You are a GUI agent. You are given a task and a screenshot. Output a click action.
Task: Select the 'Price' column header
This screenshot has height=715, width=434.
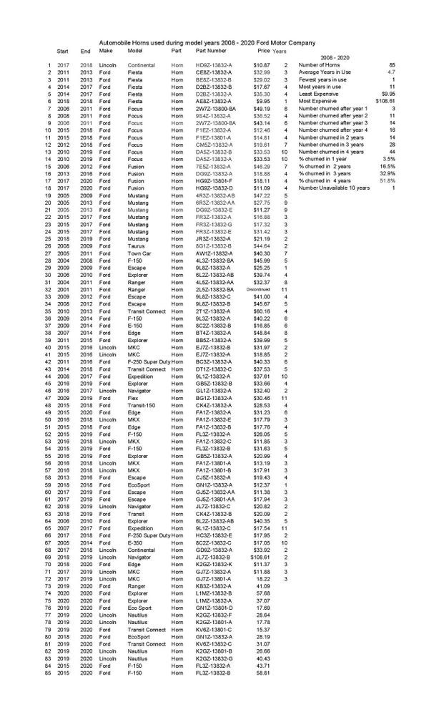tap(264, 52)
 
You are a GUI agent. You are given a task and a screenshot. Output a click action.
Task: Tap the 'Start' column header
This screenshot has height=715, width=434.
tap(63, 52)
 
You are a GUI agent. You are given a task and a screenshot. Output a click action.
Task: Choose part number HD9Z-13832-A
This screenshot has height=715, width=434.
tap(213, 65)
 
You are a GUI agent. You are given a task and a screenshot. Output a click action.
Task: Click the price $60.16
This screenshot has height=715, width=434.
tap(260, 311)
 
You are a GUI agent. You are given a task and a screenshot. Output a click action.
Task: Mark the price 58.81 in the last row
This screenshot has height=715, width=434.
tap(262, 673)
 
